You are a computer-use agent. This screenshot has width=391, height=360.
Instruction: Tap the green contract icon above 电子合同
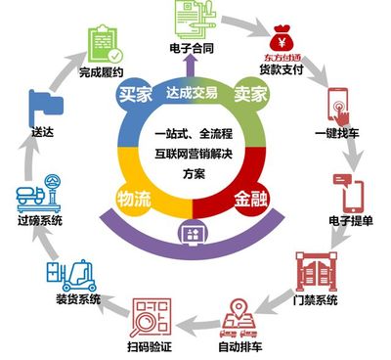coord(194,18)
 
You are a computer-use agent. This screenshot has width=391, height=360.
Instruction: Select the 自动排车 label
coord(234,343)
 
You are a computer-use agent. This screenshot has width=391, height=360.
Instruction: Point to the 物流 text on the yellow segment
coord(135,197)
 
